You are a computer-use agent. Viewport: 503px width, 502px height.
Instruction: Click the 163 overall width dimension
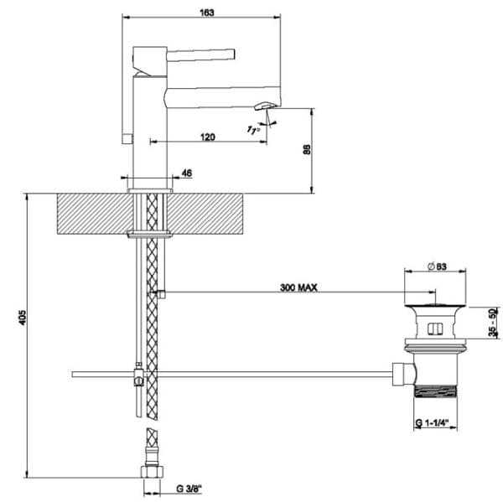coord(207,13)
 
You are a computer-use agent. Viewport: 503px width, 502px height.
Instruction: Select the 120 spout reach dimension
coord(208,137)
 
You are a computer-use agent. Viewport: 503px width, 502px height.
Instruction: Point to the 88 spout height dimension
coord(307,149)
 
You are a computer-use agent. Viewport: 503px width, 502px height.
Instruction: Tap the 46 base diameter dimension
coord(187,173)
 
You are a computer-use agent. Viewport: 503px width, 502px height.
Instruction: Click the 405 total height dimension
coord(23,317)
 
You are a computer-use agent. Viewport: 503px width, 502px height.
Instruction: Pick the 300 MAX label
coord(298,287)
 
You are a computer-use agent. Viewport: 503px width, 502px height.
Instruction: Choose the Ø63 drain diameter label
coord(438,267)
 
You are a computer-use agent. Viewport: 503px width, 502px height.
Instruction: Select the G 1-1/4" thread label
coord(432,423)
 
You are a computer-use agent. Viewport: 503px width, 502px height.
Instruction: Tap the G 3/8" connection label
coord(189,489)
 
